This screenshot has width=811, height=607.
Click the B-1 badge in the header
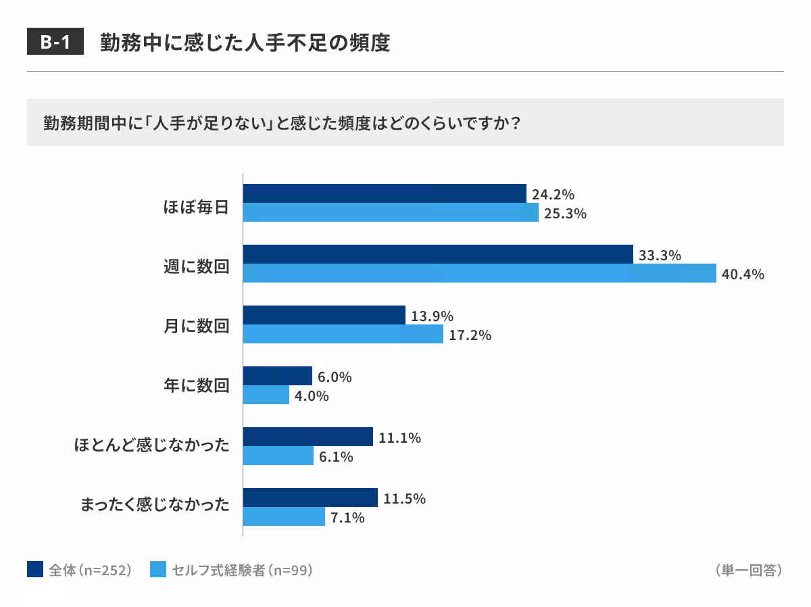pos(55,43)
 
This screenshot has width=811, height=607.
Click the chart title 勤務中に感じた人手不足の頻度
pos(245,43)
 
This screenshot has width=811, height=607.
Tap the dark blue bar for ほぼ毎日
pos(384,193)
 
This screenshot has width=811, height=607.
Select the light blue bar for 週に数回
pos(479,273)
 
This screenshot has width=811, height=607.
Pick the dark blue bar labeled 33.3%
pos(437,254)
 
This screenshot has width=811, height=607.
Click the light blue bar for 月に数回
pos(343,334)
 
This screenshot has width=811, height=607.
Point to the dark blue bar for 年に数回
pos(277,376)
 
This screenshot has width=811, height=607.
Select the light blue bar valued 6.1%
pos(278,456)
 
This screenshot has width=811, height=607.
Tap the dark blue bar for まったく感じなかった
pos(310,497)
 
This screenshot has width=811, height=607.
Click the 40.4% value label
pos(743,274)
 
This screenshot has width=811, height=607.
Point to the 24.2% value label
pos(553,195)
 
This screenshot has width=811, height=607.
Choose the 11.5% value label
pos(404,499)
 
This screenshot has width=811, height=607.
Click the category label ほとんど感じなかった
pos(151,446)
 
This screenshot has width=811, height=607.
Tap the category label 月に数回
pos(196,326)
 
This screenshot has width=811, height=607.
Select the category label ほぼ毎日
pos(196,205)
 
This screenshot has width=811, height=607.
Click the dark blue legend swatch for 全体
pos(35,570)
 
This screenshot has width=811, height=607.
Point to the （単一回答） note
pos(747,570)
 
